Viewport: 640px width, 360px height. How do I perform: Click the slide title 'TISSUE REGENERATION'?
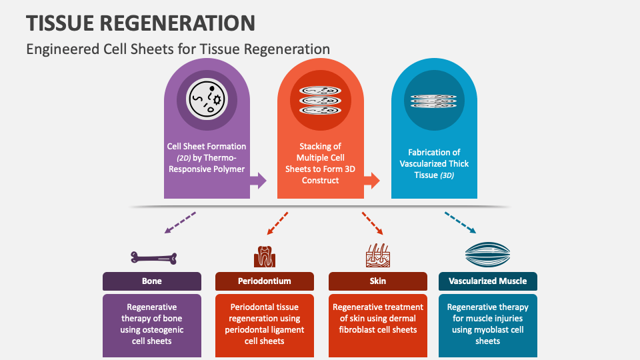[x=141, y=23]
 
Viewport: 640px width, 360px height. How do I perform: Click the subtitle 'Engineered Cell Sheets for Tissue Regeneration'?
[x=178, y=49]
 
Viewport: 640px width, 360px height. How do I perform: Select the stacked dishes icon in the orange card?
[x=320, y=100]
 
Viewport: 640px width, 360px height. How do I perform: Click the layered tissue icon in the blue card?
[x=433, y=100]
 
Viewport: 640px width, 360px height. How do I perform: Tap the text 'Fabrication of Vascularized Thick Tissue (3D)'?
[x=434, y=163]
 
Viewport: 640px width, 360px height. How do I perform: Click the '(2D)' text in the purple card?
[x=184, y=157]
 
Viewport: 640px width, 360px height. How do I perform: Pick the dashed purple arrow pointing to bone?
[x=180, y=223]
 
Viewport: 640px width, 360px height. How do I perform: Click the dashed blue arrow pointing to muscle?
[x=460, y=223]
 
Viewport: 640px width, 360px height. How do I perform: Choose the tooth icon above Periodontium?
[x=265, y=256]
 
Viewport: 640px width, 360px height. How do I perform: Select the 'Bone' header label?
[x=152, y=281]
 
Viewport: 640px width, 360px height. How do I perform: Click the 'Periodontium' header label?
[x=265, y=281]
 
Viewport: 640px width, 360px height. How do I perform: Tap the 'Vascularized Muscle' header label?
[x=488, y=281]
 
